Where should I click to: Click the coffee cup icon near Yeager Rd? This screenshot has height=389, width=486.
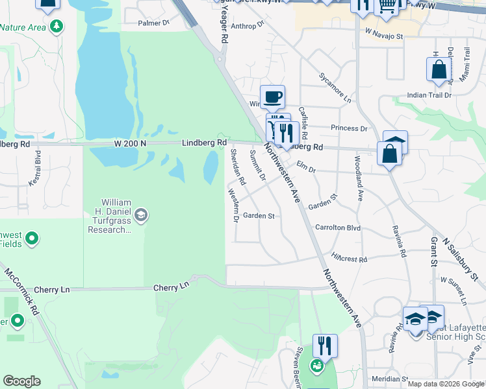click(x=272, y=97)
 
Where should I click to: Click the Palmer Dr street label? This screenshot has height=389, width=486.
click(x=153, y=23)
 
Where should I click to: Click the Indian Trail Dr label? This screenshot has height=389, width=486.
click(x=429, y=95)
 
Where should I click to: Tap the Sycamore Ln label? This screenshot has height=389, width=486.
click(x=335, y=88)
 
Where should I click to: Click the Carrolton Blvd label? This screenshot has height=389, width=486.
click(x=337, y=228)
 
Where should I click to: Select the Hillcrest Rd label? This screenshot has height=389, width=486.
click(x=349, y=258)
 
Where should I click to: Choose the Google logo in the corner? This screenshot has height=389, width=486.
click(x=21, y=381)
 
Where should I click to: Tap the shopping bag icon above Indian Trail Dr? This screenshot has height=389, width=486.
click(x=439, y=69)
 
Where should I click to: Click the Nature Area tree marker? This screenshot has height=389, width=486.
click(x=57, y=27)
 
